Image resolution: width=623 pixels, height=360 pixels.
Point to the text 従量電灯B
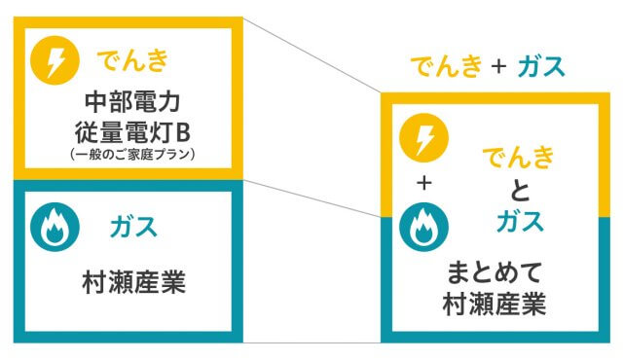point(133,129)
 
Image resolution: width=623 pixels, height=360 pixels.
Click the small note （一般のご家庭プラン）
point(133,153)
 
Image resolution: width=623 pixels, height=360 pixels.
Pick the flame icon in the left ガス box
point(54,228)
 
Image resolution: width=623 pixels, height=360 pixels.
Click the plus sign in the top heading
point(499,68)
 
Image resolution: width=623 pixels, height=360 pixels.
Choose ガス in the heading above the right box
point(541,67)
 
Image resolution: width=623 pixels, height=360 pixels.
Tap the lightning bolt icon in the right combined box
point(423,138)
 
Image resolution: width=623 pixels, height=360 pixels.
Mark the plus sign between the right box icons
point(423,183)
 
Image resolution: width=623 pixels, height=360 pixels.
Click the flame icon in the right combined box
point(423,228)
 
